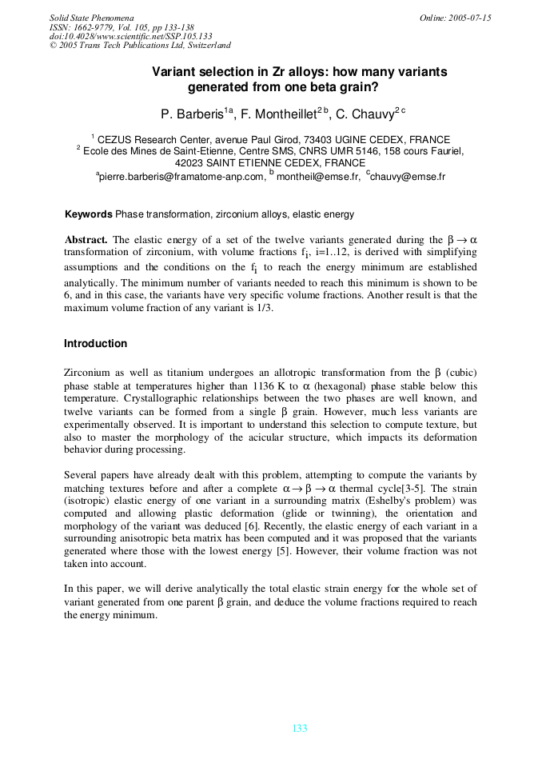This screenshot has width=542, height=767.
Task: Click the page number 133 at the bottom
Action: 300,729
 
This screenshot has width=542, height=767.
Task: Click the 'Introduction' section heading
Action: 95,344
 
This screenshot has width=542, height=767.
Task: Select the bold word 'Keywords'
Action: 88,214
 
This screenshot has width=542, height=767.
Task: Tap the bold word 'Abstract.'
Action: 86,240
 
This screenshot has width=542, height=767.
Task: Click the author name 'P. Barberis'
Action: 192,115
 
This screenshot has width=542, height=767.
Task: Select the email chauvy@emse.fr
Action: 408,176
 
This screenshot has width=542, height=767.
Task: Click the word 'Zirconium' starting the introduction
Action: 87,373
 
